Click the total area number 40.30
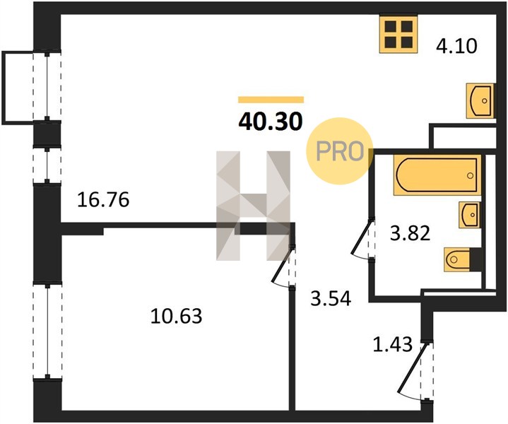[x=271, y=122]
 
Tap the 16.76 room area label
[x=103, y=199]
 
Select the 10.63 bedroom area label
[x=176, y=316]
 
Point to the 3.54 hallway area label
[x=331, y=298]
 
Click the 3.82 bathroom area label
[x=410, y=233]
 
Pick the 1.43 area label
[x=393, y=344]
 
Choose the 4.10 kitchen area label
[x=456, y=46]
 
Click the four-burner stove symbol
[x=398, y=34]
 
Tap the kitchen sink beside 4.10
[x=480, y=101]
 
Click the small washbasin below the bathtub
[x=469, y=215]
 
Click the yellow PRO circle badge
[x=340, y=151]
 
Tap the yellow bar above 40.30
[x=271, y=100]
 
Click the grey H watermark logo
[x=254, y=206]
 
